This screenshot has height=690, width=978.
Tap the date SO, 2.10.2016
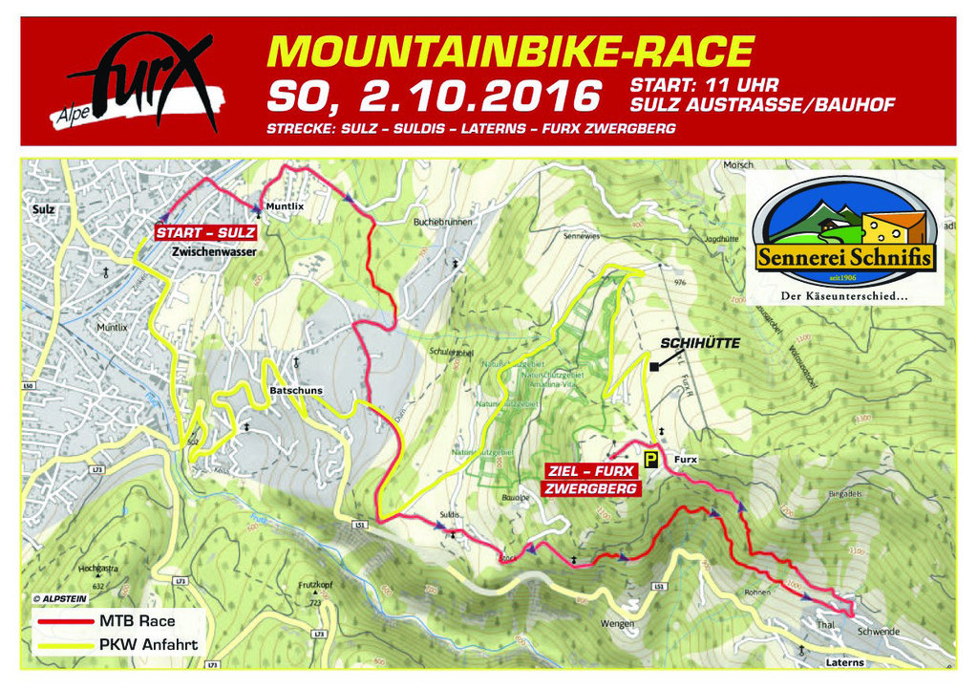tap(435, 96)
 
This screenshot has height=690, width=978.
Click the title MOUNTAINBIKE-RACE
tap(510, 53)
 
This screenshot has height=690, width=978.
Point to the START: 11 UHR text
tap(705, 85)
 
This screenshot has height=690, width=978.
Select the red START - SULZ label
tap(205, 232)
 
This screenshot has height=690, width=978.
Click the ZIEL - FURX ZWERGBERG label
tap(591, 479)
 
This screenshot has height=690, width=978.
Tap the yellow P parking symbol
tap(650, 460)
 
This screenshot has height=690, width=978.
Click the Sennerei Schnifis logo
tap(843, 238)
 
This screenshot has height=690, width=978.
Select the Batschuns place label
tap(296, 391)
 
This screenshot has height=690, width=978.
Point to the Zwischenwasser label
tap(214, 252)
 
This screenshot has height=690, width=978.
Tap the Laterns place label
tap(844, 662)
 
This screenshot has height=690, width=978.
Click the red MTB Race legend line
tap(66, 621)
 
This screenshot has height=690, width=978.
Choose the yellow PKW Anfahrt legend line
tap(66, 645)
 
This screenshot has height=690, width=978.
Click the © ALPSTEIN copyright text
tap(65, 598)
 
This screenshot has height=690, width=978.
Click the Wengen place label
tap(617, 624)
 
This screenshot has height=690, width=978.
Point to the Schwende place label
tap(878, 632)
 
